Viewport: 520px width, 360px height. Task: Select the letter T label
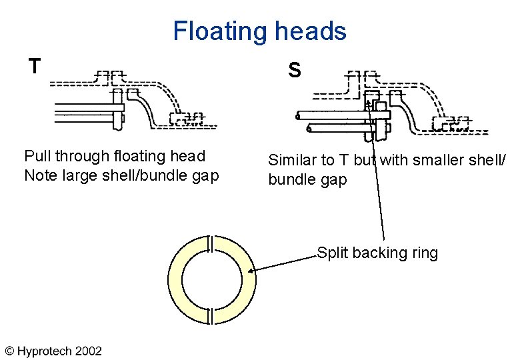pyautogui.click(x=35, y=66)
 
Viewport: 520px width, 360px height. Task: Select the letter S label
pyautogui.click(x=294, y=69)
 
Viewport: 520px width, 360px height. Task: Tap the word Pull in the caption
pyautogui.click(x=37, y=157)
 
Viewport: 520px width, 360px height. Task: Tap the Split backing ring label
pyautogui.click(x=377, y=253)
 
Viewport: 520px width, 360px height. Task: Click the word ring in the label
pyautogui.click(x=424, y=253)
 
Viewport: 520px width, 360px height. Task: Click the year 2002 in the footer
pyautogui.click(x=89, y=350)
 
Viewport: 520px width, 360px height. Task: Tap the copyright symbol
pyautogui.click(x=10, y=350)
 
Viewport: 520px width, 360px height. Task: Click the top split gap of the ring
pyautogui.click(x=211, y=244)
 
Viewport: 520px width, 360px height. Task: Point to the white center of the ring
pyautogui.click(x=211, y=279)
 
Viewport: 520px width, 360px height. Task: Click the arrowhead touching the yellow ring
pyautogui.click(x=253, y=270)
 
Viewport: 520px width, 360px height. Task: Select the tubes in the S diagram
pyautogui.click(x=333, y=119)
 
